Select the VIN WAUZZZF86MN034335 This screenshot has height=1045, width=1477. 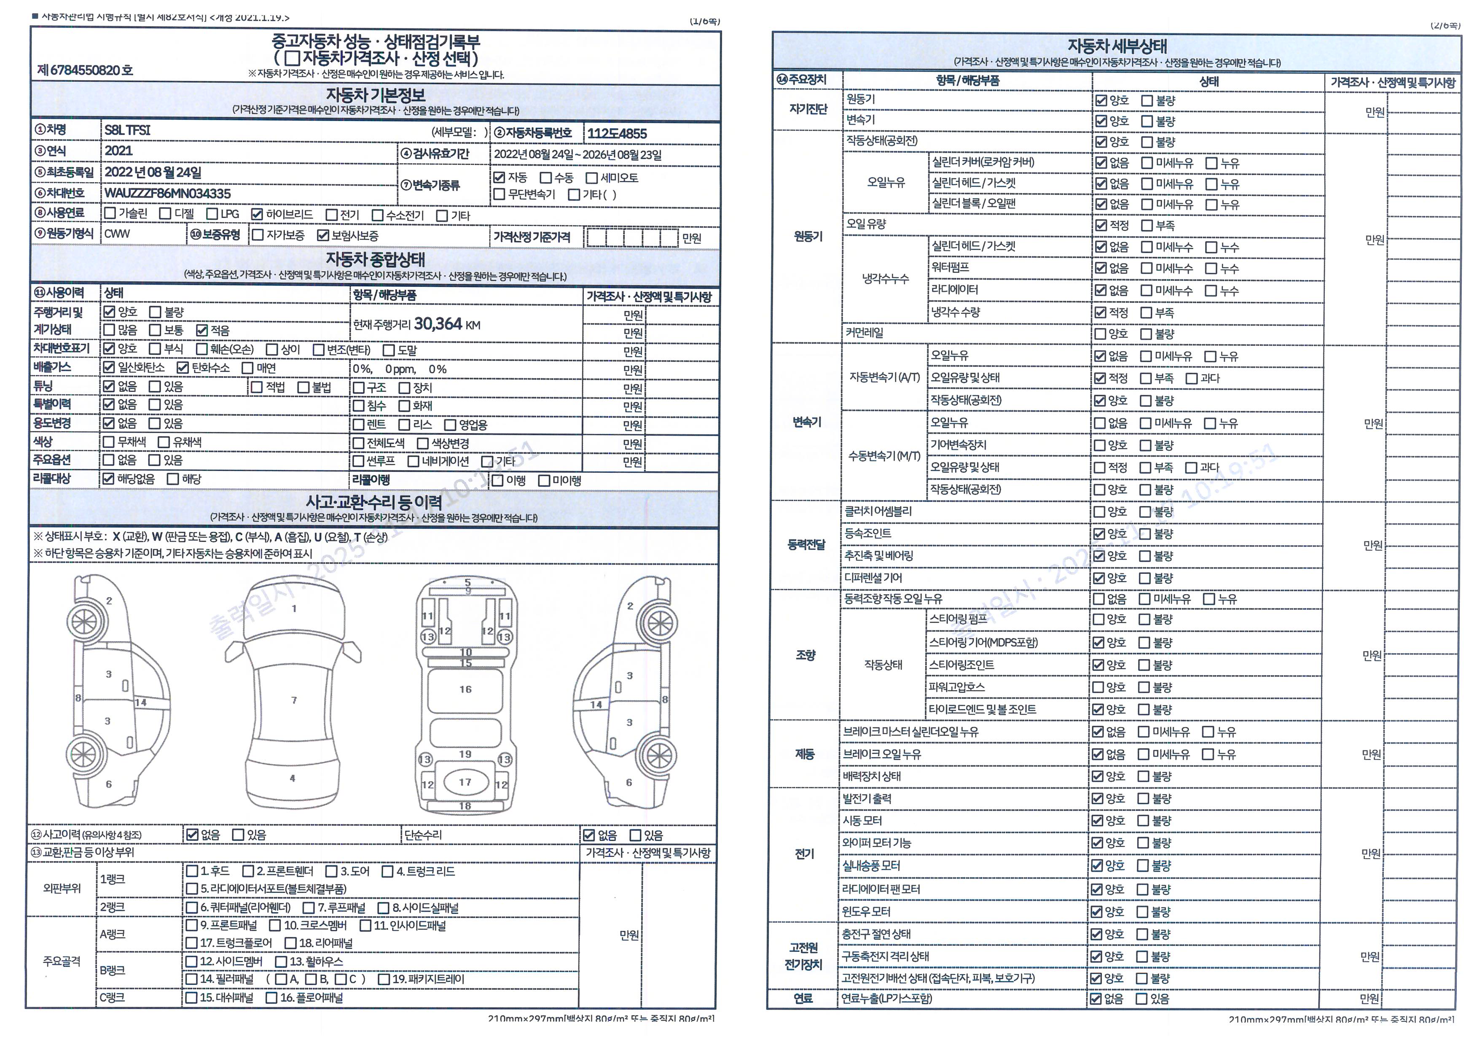[167, 194]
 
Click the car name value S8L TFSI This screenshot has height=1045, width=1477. [127, 130]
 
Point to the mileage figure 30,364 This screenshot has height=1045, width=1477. [438, 324]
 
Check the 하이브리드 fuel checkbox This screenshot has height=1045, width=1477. [257, 214]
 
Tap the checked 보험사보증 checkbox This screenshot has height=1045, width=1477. [323, 235]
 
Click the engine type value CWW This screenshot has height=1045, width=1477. [117, 234]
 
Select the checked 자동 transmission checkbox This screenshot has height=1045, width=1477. [499, 177]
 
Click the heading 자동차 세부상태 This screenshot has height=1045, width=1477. [1117, 46]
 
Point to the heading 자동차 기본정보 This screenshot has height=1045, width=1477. [375, 95]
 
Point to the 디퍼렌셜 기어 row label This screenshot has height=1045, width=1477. [873, 578]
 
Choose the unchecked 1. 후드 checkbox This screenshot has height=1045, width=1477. [192, 871]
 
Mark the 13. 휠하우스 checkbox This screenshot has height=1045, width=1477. [281, 962]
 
